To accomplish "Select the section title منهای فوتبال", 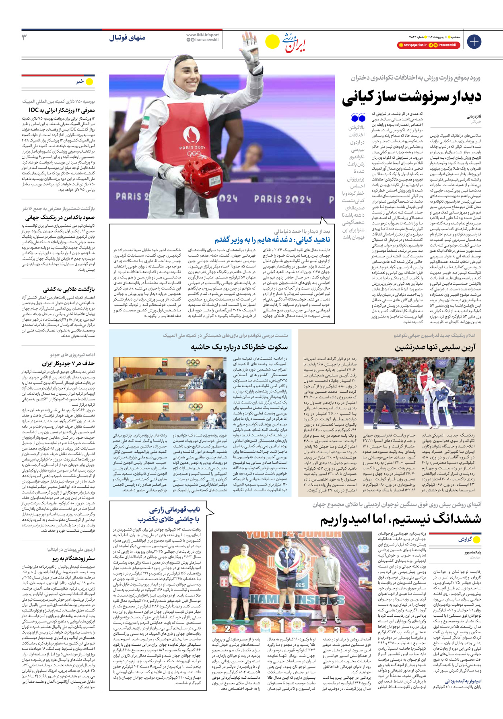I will (127, 38).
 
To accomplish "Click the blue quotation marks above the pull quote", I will (358, 118).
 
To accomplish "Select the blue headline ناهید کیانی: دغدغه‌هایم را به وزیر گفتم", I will (272, 240).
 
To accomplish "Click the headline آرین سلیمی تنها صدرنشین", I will (435, 347).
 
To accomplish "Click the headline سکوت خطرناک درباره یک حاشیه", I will (239, 347).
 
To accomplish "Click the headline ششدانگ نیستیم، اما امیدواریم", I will (400, 519).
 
